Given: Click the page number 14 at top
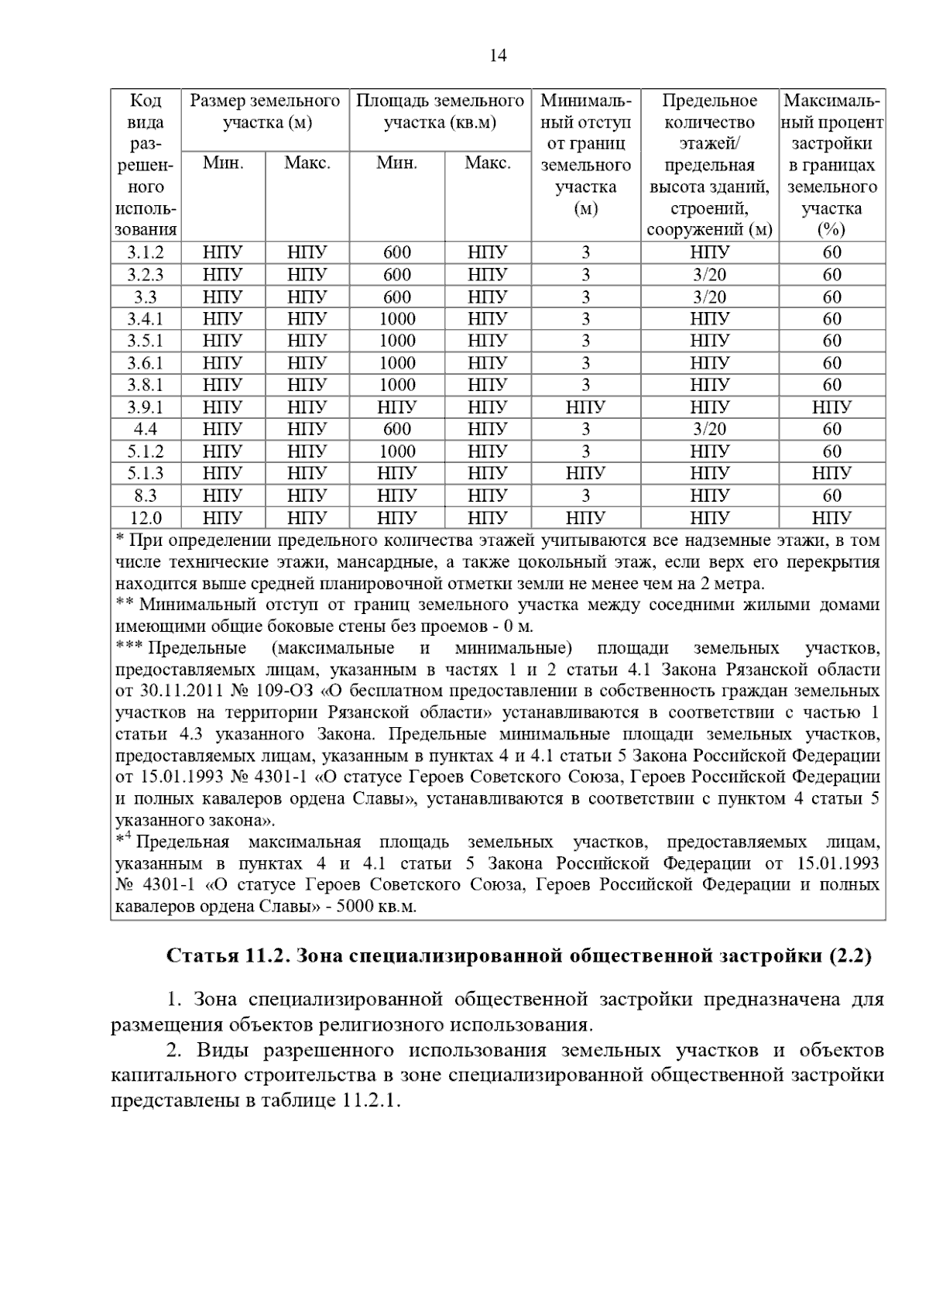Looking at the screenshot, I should point(498,56).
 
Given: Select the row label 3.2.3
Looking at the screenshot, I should point(146,275).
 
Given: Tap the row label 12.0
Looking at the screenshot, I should point(146,518).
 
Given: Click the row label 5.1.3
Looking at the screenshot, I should point(146,473).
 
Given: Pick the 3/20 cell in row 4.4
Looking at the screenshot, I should point(709,429).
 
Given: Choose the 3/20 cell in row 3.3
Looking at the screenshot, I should point(709,297).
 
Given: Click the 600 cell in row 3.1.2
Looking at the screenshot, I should point(397,252).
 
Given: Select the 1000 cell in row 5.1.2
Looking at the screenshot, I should point(397,451).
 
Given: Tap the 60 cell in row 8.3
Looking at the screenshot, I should point(831,496).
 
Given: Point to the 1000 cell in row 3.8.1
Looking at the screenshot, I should point(397,385).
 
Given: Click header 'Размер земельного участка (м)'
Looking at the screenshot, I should point(265,112).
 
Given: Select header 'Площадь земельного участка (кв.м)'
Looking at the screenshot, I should point(440,112).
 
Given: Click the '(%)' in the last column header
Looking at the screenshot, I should point(831,230).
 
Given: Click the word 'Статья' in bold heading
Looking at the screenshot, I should point(203,956).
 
